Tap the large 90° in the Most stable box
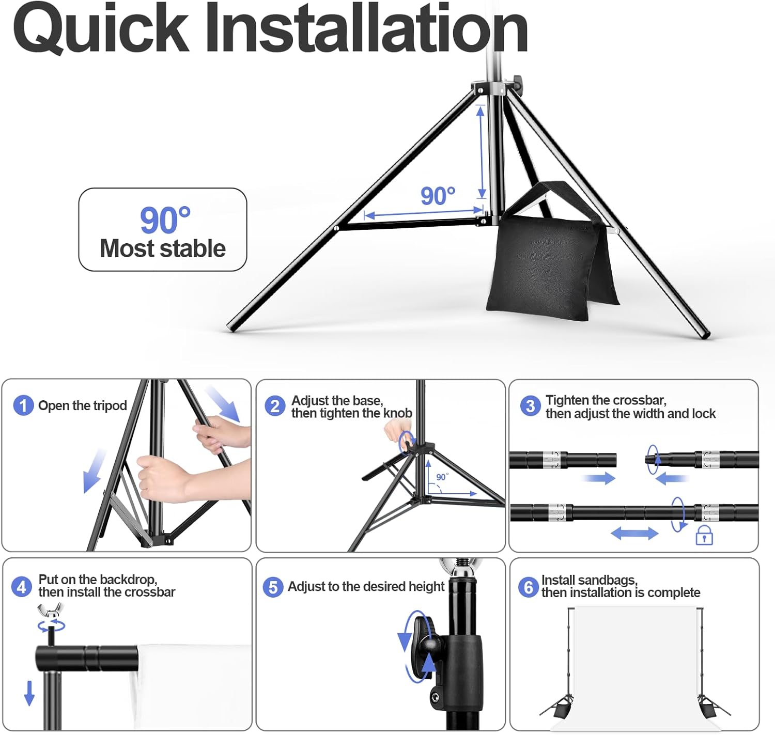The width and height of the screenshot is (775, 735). (x=165, y=220)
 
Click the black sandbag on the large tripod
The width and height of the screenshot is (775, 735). (x=550, y=263)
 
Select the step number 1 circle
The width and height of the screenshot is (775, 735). (x=23, y=405)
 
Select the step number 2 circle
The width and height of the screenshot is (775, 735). (x=275, y=406)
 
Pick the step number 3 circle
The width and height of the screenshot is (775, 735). (x=530, y=406)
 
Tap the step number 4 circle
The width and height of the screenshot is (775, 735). (x=21, y=587)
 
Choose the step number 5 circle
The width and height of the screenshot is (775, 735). (x=273, y=587)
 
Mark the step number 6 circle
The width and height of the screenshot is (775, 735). (x=528, y=587)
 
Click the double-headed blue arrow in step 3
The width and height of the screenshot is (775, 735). (x=634, y=533)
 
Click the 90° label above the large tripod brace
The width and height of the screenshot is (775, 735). (x=438, y=196)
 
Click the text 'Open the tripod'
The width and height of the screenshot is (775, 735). (x=83, y=406)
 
